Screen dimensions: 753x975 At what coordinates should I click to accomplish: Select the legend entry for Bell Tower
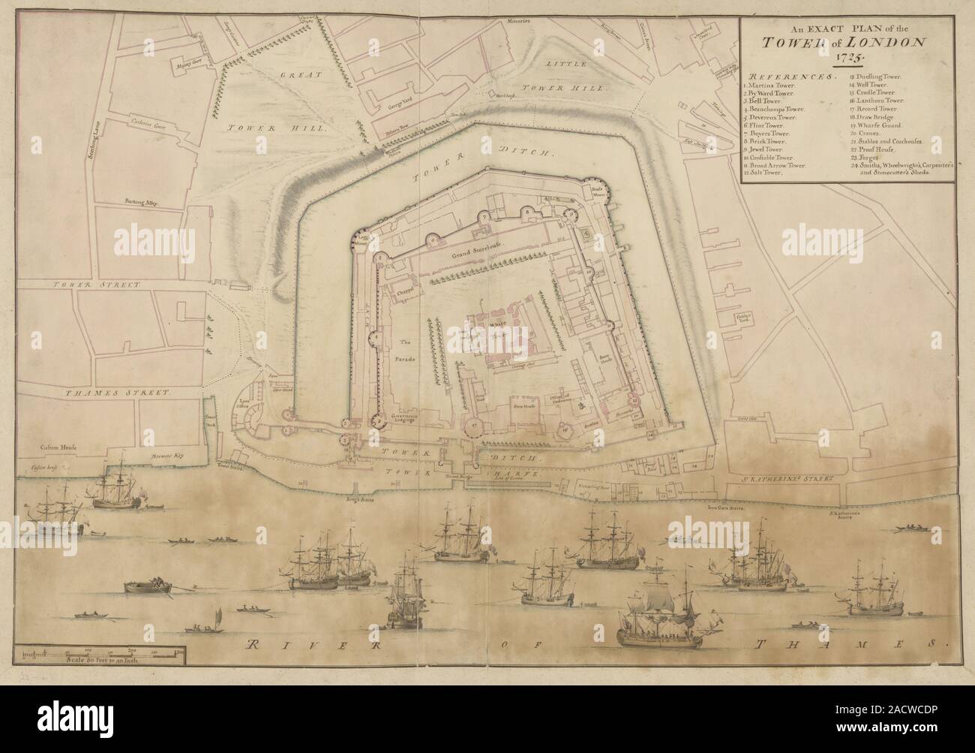771,100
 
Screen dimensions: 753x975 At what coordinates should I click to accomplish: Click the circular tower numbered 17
474,426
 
